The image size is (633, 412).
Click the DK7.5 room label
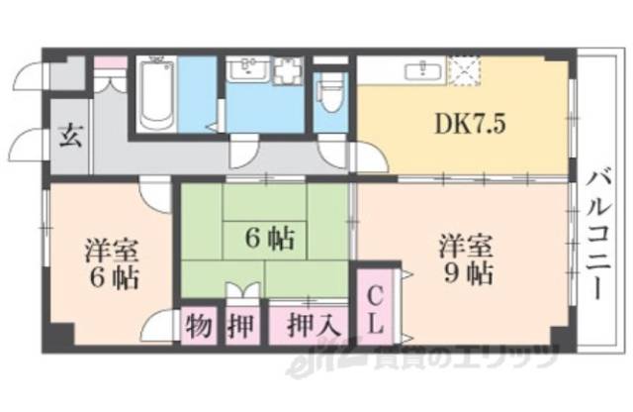click(458, 126)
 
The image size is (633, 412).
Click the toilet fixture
click(331, 96)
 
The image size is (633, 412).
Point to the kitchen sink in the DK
click(422, 68)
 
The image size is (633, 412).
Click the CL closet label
click(377, 308)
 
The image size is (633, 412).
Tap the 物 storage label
click(199, 325)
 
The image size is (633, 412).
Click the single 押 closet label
click(240, 325)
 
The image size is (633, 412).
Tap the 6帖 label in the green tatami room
click(268, 238)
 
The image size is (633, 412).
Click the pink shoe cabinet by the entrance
click(112, 63)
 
